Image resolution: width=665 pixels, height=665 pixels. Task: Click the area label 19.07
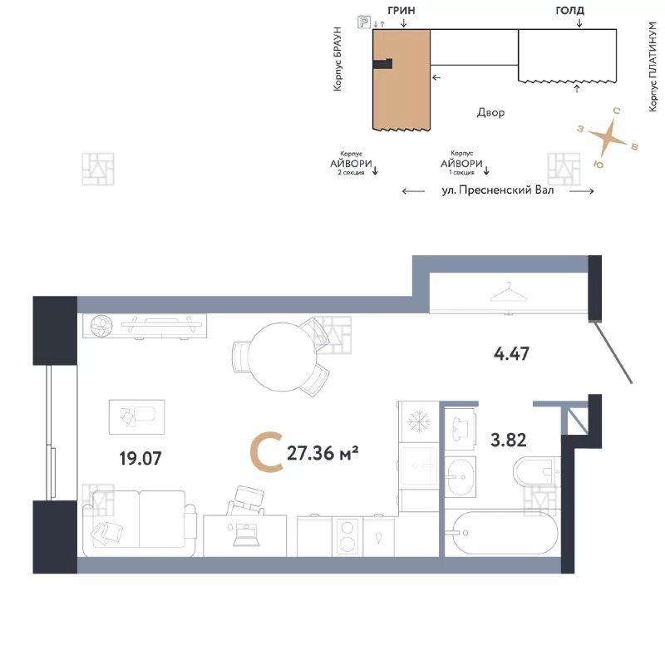click(140, 459)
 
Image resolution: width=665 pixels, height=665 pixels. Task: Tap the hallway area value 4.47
click(511, 354)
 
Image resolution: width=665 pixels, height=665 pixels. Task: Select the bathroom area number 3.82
click(509, 441)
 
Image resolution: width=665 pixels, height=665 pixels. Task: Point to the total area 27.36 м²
click(323, 453)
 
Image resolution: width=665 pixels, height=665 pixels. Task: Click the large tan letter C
click(267, 452)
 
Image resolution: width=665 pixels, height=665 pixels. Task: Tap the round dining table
click(282, 357)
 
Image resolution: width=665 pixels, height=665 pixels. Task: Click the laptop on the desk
click(245, 534)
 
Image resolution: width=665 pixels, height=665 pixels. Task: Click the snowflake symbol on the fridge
click(419, 421)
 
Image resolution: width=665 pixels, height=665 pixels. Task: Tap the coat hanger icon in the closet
click(508, 292)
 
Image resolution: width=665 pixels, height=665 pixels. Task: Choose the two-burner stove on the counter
click(347, 536)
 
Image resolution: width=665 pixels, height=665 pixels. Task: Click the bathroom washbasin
click(461, 477)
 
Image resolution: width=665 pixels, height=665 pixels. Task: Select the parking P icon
click(364, 22)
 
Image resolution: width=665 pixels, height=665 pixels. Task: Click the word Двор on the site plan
click(490, 112)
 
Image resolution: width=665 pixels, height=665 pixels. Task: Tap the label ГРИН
click(401, 11)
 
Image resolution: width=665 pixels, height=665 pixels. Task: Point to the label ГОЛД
click(570, 11)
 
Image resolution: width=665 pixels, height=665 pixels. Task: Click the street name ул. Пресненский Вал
click(498, 190)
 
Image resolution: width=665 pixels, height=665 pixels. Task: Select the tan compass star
click(608, 137)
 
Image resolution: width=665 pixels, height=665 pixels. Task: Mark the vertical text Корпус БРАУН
click(337, 58)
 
